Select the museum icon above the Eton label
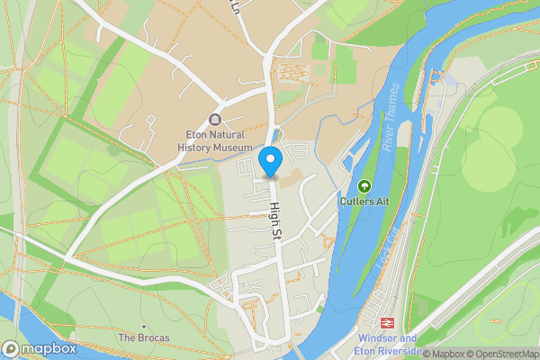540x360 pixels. click(x=214, y=120)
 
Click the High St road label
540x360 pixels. click(x=276, y=221)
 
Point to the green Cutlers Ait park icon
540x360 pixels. click(x=364, y=186)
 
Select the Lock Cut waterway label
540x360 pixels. click(x=391, y=242)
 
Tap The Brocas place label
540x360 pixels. click(x=144, y=338)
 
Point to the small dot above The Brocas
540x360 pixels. click(x=143, y=327)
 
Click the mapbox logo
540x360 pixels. click(x=39, y=348)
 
